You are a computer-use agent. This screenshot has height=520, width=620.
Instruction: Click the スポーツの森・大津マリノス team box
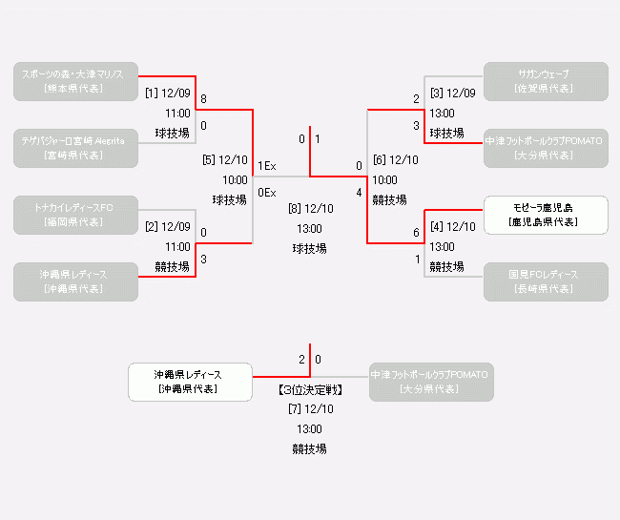[x=75, y=81]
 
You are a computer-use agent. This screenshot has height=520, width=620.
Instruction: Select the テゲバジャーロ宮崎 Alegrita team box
[x=75, y=148]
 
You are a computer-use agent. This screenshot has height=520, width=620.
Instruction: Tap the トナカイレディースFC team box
[x=75, y=215]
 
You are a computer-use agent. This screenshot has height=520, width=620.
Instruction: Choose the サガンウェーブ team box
[x=546, y=81]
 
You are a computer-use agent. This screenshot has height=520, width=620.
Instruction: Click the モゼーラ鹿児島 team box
[x=546, y=215]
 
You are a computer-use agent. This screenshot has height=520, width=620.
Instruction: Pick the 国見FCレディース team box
[x=546, y=281]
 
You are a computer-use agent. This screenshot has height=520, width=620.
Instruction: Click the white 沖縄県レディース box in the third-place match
[x=189, y=382]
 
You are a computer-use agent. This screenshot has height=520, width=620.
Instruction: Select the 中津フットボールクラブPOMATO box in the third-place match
[x=429, y=382]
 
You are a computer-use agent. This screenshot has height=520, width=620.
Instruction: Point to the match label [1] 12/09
[x=168, y=94]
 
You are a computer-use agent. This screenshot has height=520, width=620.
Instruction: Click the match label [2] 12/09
[x=168, y=227]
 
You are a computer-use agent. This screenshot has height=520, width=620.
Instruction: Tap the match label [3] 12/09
[x=452, y=94]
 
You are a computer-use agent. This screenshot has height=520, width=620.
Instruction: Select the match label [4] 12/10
[x=452, y=227]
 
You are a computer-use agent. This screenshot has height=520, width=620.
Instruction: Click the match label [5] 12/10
[x=225, y=160]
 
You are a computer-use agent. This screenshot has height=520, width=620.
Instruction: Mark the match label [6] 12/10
[x=395, y=160]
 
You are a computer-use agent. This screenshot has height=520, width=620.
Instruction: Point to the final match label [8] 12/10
[x=310, y=209]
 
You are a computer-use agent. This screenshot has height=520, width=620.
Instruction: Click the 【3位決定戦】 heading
[x=310, y=390]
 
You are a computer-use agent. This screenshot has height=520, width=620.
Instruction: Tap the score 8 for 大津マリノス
[x=204, y=99]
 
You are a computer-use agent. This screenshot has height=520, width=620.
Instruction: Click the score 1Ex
[x=267, y=166]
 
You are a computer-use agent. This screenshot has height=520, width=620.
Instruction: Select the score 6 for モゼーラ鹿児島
[x=416, y=233]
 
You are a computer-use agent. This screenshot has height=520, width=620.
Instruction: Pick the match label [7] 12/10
[x=310, y=409]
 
